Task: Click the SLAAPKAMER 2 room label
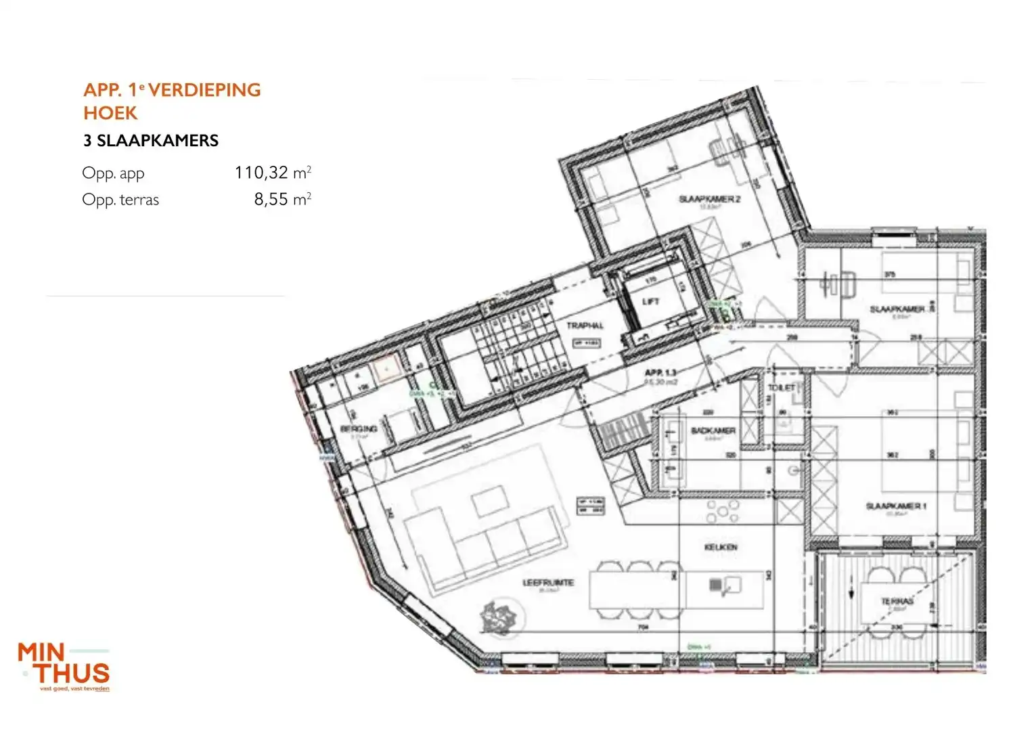coord(709,199)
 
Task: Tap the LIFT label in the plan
coord(650,301)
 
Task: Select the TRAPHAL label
coord(585,326)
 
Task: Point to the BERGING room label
coord(359,428)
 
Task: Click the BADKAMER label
coord(713,430)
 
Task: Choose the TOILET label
coord(782,387)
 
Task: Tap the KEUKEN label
coord(721,547)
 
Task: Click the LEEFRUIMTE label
coord(548,582)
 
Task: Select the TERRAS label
coord(897,601)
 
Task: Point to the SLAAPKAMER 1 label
coord(896,506)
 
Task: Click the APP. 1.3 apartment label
coord(660,373)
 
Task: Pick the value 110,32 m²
coord(273,173)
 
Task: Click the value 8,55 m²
coord(282,199)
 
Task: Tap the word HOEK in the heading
coord(110,113)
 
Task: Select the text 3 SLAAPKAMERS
coord(151,141)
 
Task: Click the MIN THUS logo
coord(64,666)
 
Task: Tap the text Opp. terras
coord(120,200)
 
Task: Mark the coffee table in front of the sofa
coord(490,502)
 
